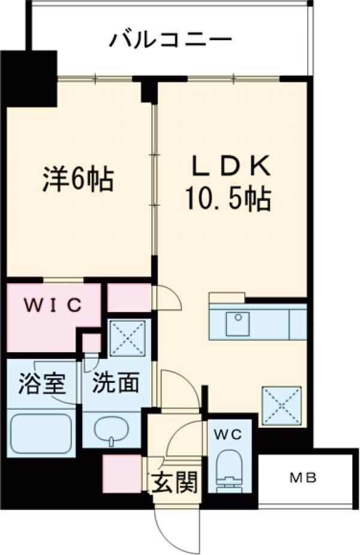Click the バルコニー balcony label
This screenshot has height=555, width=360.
click(x=170, y=40)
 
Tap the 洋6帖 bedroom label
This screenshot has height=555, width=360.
click(x=77, y=178)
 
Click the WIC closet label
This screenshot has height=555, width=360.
click(x=53, y=305)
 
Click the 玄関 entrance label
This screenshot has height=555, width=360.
click(x=175, y=481)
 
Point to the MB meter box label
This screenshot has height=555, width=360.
click(x=304, y=478)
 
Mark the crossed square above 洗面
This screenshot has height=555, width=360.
click(x=128, y=339)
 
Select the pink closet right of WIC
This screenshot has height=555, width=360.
click(x=128, y=298)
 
